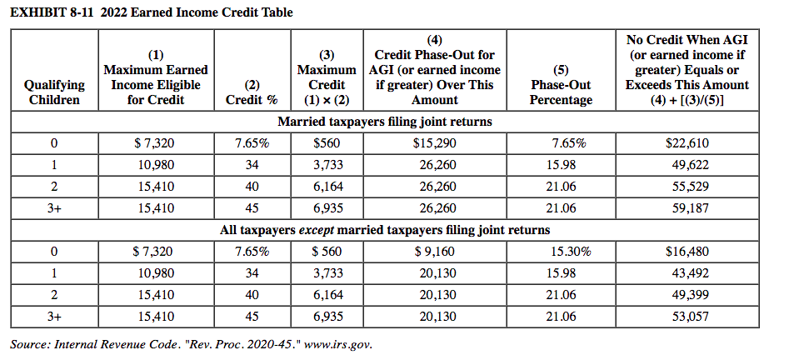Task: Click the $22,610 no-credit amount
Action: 687,143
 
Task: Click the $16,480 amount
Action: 687,251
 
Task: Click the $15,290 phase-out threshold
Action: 434,143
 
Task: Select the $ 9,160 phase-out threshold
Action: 434,251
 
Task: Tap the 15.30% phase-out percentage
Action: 569,251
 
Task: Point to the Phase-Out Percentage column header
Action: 561,85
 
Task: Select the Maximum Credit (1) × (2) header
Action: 327,77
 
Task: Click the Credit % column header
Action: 252,92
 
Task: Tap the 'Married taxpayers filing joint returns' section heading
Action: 384,122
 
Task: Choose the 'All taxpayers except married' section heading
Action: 384,229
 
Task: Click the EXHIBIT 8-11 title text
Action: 150,12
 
